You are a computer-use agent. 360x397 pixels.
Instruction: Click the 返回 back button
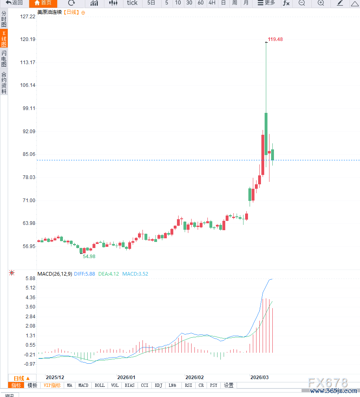coord(14,3)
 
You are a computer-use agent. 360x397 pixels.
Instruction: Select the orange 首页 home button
coord(43,3)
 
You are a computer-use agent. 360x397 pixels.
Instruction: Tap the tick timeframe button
coord(132,3)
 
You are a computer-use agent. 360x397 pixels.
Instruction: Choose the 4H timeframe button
coord(212,3)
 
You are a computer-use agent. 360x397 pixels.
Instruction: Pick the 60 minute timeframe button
coord(200,3)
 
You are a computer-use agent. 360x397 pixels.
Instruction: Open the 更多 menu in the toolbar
coord(266,3)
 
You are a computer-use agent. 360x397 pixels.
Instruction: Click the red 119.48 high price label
coord(275,39)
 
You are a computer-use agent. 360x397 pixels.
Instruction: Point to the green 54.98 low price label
coord(89,257)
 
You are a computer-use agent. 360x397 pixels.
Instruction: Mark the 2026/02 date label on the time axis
coord(194,377)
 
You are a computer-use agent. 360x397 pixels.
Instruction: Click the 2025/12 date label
coord(55,377)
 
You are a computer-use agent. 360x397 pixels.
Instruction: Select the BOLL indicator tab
coord(99,385)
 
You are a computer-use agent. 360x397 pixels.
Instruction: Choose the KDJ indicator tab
coord(158,385)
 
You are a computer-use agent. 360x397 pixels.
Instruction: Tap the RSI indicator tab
coord(188,385)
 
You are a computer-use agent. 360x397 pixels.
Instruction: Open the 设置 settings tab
coord(229,385)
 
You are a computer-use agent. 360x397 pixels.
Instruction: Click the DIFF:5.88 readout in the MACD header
coord(84,274)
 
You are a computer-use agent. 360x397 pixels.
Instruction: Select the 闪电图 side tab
coord(4,59)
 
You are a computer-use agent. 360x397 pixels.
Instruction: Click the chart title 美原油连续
coord(49,13)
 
